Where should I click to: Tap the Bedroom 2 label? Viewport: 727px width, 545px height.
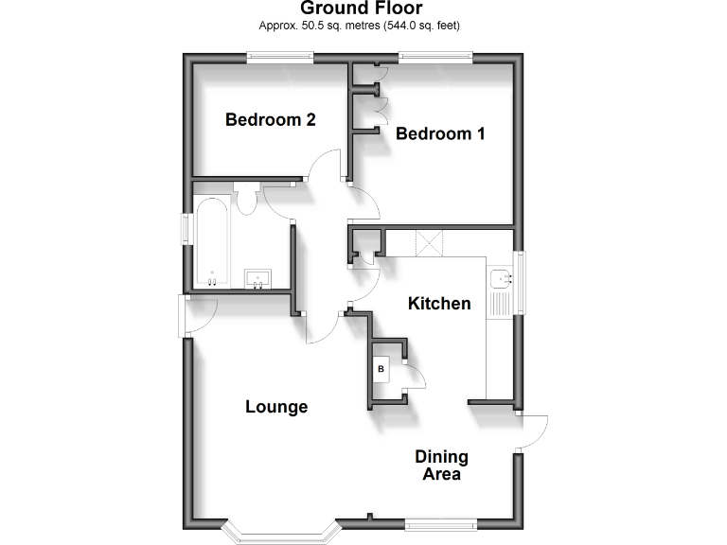[270, 120]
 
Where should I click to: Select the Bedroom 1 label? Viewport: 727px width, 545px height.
[440, 133]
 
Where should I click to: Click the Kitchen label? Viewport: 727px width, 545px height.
[439, 304]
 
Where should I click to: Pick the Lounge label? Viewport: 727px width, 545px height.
[276, 407]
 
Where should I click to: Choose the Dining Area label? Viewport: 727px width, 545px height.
[441, 465]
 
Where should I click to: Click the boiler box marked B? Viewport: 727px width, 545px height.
[381, 368]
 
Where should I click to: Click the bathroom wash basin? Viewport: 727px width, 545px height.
[257, 278]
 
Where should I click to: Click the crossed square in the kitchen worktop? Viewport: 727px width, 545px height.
[432, 242]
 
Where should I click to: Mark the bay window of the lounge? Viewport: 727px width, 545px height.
[278, 532]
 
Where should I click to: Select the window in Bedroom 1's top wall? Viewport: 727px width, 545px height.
[435, 58]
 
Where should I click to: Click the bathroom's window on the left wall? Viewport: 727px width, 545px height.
[187, 230]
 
